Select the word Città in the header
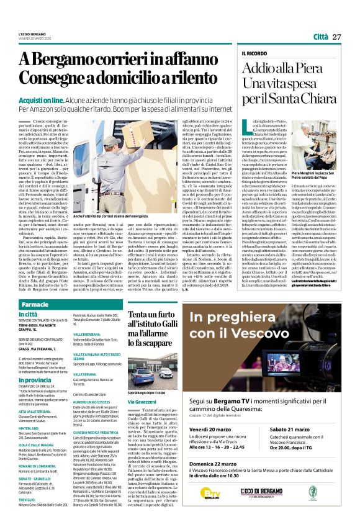coord(321,37)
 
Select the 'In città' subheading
coord(27,315)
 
